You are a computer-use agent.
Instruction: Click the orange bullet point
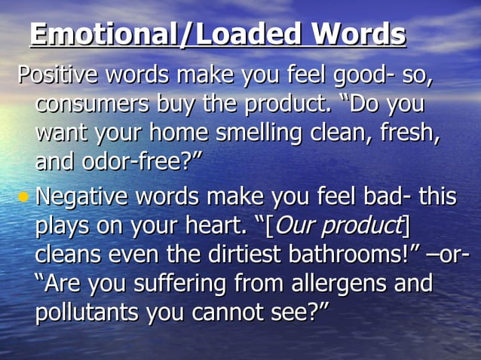coord(24,197)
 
